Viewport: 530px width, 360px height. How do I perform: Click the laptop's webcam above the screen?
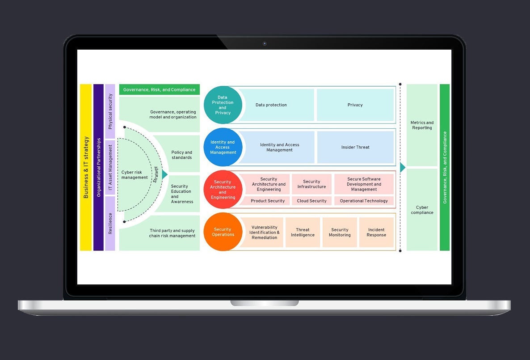coord(265,43)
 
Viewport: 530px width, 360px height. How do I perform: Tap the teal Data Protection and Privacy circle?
coord(223,105)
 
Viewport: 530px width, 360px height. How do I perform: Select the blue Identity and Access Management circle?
coord(223,147)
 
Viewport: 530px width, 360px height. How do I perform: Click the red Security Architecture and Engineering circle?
coord(223,190)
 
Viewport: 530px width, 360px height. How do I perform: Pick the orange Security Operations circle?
coord(223,232)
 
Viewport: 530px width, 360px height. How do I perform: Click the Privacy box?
coord(355,105)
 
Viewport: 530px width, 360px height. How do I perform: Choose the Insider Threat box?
coord(355,147)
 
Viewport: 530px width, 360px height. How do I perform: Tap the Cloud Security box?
coord(311,201)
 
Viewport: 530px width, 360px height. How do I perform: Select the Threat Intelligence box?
coord(303,233)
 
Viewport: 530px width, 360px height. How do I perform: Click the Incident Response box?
coord(376,233)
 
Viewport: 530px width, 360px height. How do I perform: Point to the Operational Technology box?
coord(364,201)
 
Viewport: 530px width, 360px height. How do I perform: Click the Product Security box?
coord(268,201)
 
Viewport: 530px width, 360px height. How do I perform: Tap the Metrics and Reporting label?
coord(422,125)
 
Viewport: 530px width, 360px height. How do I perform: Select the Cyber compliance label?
coord(422,210)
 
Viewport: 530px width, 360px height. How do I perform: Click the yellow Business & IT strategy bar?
coord(86,167)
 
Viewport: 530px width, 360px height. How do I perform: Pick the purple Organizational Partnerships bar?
coord(99,167)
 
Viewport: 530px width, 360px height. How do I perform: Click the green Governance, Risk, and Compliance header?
coord(159,89)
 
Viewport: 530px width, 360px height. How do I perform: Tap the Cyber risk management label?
coord(135,175)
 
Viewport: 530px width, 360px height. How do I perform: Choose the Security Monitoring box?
coord(340,233)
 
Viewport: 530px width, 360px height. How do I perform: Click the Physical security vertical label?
coord(110,111)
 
